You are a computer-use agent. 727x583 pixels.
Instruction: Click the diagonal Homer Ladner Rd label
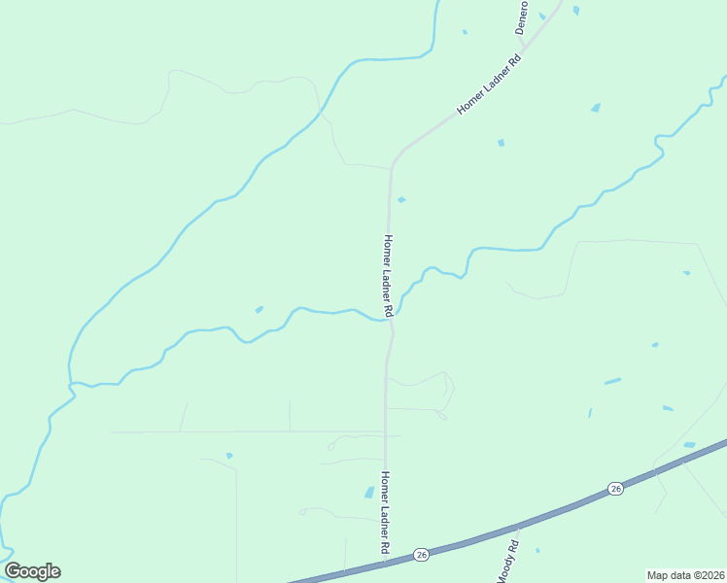pyautogui.click(x=491, y=85)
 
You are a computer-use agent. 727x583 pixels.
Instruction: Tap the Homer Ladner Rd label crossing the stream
pyautogui.click(x=388, y=276)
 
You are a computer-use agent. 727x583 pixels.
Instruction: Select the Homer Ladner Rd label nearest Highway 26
pyautogui.click(x=386, y=513)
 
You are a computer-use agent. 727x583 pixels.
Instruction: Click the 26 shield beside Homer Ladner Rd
pyautogui.click(x=421, y=554)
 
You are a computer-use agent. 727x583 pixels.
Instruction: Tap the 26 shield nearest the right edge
pyautogui.click(x=615, y=488)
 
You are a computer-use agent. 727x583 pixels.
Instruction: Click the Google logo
pyautogui.click(x=32, y=571)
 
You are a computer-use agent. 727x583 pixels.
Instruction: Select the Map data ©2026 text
pyautogui.click(x=686, y=574)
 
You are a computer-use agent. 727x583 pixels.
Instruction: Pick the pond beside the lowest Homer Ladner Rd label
pyautogui.click(x=369, y=493)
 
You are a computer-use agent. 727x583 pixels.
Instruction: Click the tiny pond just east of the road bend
pyautogui.click(x=401, y=200)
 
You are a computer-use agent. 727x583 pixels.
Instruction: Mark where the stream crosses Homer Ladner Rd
pyautogui.click(x=391, y=319)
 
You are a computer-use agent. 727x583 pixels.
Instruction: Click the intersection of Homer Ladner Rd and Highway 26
pyautogui.click(x=386, y=561)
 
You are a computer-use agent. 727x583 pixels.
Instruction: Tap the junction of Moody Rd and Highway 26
pyautogui.click(x=519, y=528)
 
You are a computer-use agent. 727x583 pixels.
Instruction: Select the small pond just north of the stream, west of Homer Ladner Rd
pyautogui.click(x=260, y=309)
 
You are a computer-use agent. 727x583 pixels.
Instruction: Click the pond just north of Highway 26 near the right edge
pyautogui.click(x=689, y=445)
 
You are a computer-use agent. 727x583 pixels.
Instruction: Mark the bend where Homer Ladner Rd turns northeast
pyautogui.click(x=393, y=161)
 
